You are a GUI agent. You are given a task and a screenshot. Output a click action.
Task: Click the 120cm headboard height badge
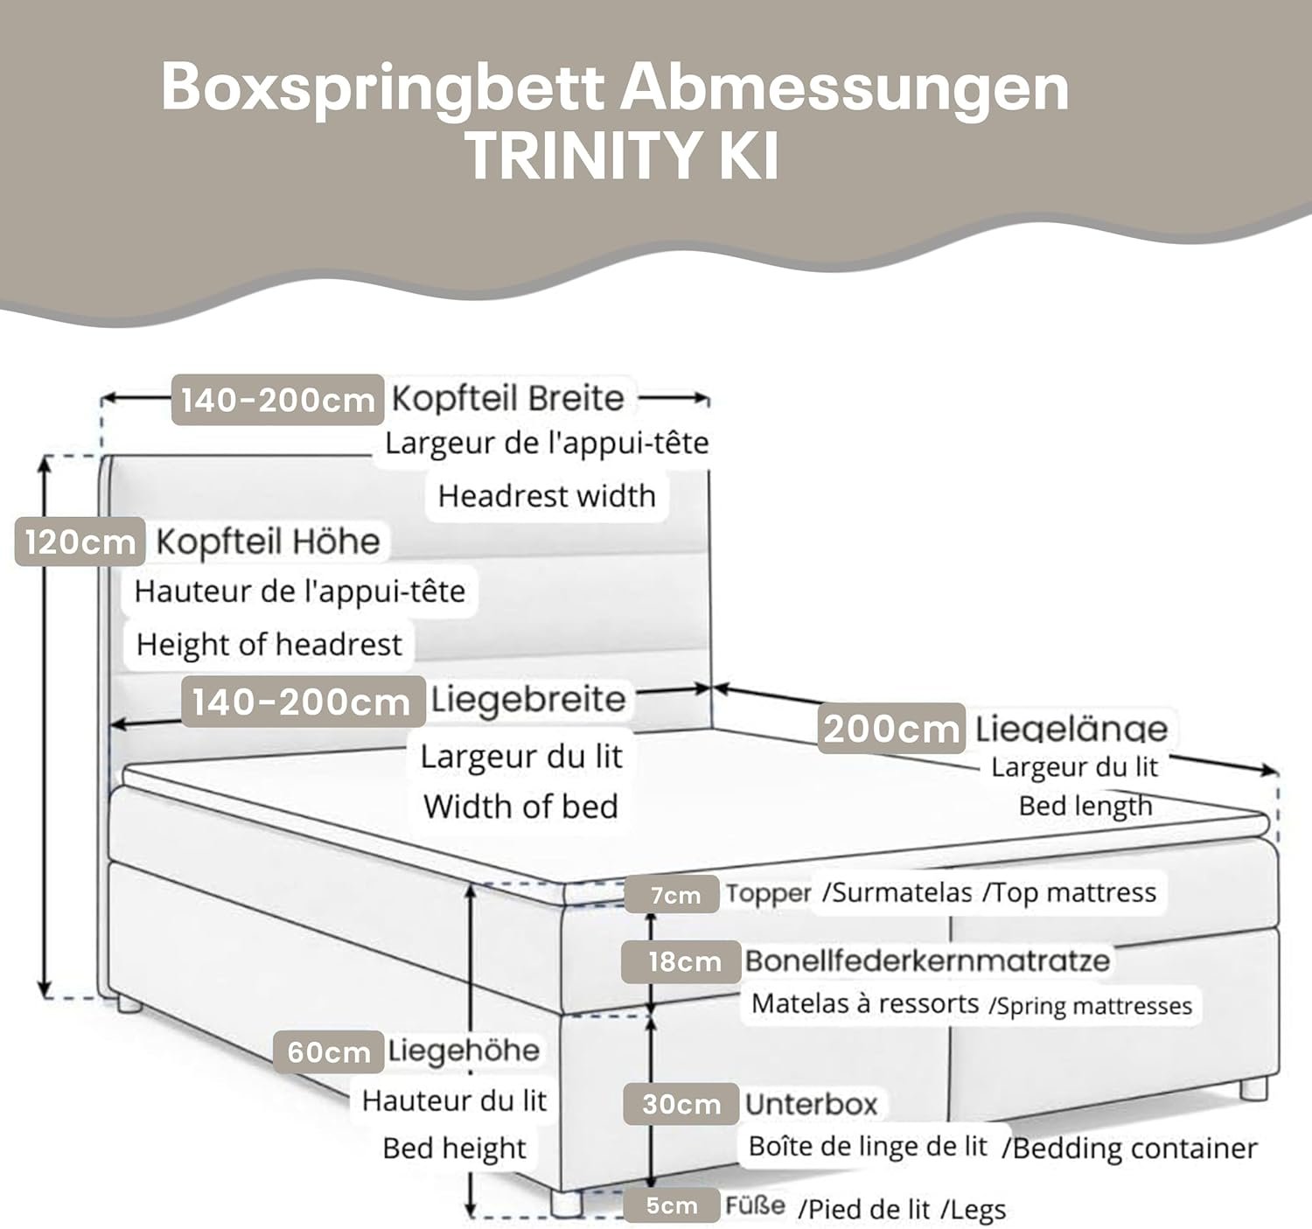[79, 542]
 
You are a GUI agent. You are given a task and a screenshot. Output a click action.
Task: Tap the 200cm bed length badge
[891, 729]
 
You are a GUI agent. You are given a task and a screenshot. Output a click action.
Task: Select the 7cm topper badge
[674, 895]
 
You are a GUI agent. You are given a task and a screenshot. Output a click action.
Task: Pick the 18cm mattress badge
[683, 962]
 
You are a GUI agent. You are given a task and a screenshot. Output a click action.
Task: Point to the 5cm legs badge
[671, 1206]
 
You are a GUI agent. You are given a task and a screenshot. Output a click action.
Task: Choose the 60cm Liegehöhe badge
[328, 1051]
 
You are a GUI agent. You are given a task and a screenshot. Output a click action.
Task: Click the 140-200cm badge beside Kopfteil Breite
[277, 400]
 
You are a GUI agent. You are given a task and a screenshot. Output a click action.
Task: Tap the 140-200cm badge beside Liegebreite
[302, 702]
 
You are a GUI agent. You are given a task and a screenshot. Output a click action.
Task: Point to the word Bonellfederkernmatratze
[927, 960]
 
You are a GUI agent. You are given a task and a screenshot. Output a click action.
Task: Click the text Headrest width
[547, 496]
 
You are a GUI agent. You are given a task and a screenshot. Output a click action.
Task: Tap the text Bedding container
[1134, 1148]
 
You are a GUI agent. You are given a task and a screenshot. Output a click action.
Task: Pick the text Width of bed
[521, 806]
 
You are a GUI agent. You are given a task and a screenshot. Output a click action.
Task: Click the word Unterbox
[811, 1104]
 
